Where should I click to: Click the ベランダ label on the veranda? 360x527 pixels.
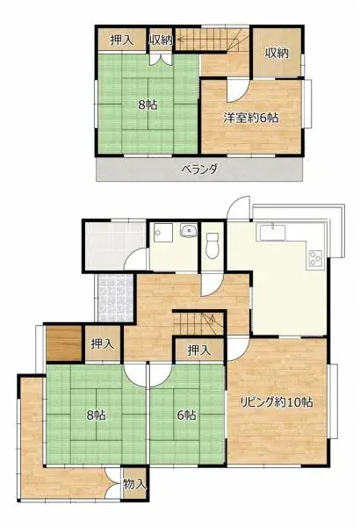click(199, 169)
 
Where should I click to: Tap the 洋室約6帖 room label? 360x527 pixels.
click(251, 118)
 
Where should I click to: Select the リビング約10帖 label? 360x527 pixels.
click(277, 401)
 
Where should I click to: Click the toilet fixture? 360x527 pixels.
click(212, 245)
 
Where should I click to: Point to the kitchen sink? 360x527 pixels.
click(272, 233)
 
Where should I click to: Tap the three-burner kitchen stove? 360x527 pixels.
click(315, 259)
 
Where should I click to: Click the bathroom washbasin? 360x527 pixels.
click(189, 230)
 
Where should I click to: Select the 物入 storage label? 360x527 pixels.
click(135, 484)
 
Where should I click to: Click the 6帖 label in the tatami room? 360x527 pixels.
click(186, 415)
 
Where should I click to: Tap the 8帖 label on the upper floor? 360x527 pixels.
click(148, 105)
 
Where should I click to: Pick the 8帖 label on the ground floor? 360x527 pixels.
click(96, 415)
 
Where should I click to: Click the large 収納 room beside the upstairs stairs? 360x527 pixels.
click(277, 53)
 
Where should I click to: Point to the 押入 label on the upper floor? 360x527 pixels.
click(122, 40)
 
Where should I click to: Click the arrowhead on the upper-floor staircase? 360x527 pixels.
click(180, 39)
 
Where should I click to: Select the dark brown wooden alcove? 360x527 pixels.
click(64, 343)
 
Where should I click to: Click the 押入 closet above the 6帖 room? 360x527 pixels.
click(199, 350)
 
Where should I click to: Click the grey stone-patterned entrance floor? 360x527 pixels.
click(116, 298)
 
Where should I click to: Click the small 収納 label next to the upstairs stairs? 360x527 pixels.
click(161, 40)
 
